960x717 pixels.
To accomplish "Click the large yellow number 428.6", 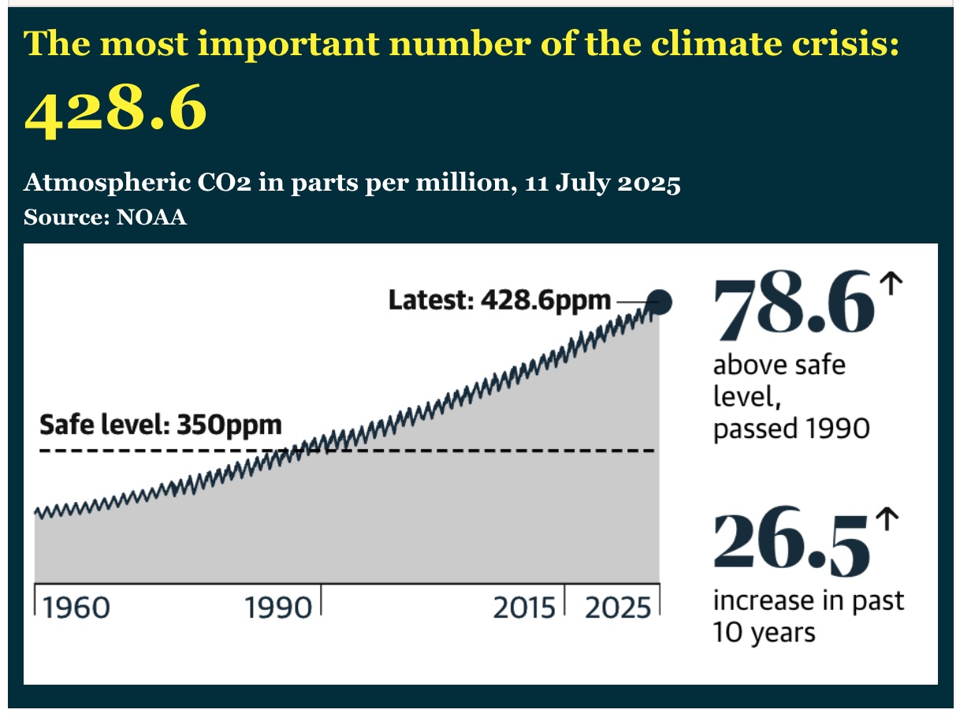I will tap(116, 111).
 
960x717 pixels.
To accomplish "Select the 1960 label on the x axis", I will tap(76, 609).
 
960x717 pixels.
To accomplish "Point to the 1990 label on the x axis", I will tap(278, 609).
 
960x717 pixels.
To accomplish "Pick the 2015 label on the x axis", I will tap(524, 609).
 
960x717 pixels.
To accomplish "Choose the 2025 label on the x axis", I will tap(616, 609).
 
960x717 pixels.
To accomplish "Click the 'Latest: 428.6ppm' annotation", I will tap(500, 300).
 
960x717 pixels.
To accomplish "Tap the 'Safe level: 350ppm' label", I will tap(161, 425).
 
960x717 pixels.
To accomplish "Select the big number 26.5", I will tap(792, 544).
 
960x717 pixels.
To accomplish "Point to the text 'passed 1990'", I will tap(791, 429).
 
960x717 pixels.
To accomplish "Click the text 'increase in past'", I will tap(809, 601).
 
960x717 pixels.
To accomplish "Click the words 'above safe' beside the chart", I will tap(779, 366).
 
